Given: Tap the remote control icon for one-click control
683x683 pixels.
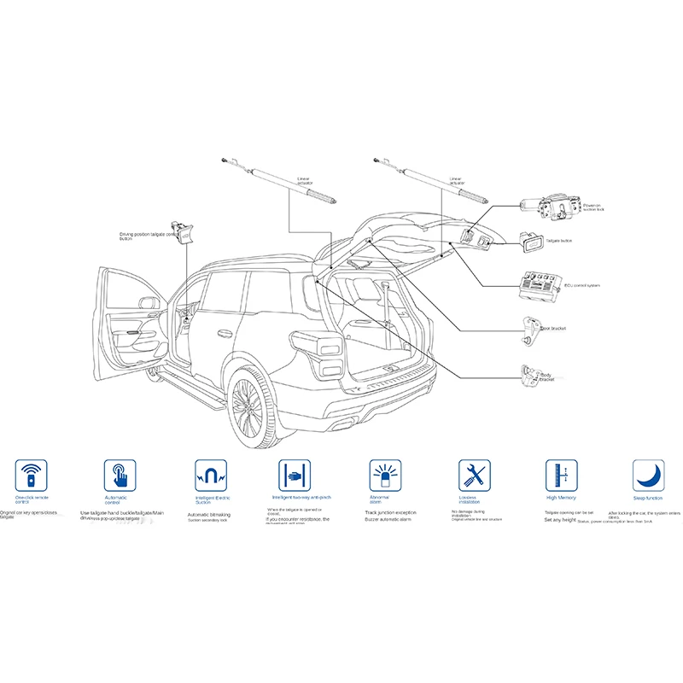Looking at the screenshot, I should point(32,474).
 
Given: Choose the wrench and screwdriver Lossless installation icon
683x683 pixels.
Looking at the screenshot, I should point(473,474).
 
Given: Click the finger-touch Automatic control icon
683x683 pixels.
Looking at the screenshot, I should point(120,474).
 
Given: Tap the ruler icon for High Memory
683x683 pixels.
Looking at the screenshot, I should point(561,474).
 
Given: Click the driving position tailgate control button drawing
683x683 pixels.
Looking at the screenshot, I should point(181,232).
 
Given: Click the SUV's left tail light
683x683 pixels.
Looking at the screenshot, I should point(326,351).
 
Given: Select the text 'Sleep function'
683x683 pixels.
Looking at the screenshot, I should point(649,497).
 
